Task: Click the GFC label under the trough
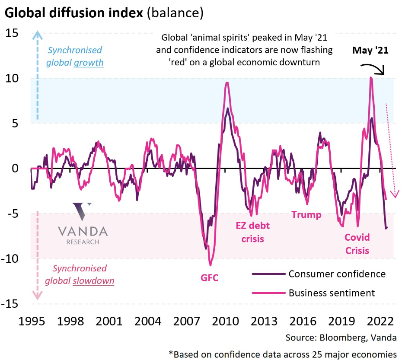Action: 210,277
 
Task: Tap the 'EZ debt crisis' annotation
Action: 249,232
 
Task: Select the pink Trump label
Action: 306,215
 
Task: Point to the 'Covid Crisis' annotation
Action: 357,243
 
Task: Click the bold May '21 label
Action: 370,51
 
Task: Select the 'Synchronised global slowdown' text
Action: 80,275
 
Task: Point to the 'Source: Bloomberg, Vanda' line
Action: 341,337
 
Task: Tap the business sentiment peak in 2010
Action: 227,83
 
